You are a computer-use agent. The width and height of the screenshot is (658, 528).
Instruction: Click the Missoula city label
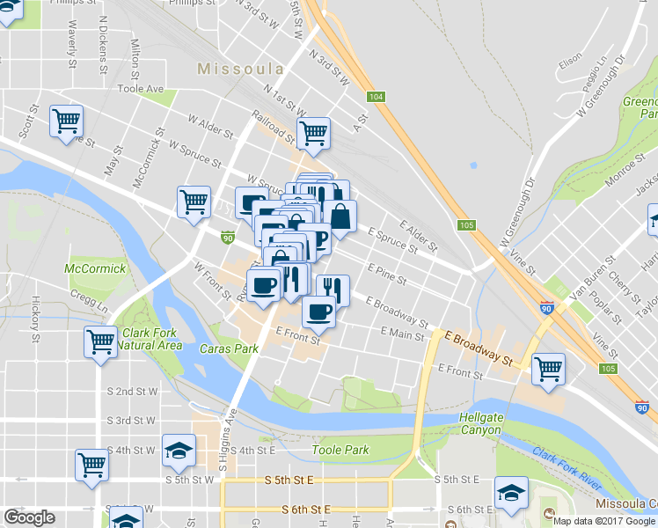click(x=240, y=68)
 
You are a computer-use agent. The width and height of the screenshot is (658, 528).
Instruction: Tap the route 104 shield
click(x=377, y=98)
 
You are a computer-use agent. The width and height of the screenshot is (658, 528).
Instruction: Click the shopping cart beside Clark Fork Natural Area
click(x=101, y=341)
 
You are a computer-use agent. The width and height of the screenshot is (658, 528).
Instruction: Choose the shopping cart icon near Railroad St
click(x=313, y=133)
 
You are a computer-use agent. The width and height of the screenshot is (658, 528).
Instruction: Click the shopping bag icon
click(x=341, y=216)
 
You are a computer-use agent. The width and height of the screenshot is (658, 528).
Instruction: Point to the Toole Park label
click(x=340, y=450)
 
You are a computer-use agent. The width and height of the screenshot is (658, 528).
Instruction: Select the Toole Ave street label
click(x=141, y=89)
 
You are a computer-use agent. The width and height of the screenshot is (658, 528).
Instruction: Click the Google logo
click(x=29, y=517)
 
